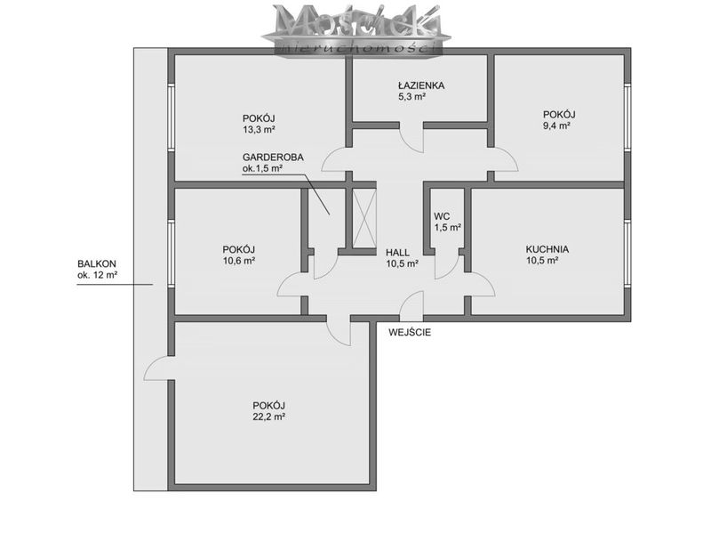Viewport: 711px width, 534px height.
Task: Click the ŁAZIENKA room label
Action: [420, 85]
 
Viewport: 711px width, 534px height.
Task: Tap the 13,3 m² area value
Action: [259, 129]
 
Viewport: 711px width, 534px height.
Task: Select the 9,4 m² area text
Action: [556, 125]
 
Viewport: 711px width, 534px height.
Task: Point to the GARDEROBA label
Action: [273, 158]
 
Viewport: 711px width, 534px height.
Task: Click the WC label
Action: [442, 216]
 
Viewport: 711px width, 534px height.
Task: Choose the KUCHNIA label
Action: [547, 249]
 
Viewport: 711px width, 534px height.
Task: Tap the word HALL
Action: [397, 253]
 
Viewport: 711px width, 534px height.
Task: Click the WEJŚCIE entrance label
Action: [410, 332]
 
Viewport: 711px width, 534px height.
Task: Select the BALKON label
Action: [97, 263]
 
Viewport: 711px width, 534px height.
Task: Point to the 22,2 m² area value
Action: [268, 417]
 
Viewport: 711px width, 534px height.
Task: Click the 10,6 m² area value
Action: [238, 261]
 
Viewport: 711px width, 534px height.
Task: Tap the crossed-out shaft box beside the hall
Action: [364, 218]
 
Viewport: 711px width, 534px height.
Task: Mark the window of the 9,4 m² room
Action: [627, 117]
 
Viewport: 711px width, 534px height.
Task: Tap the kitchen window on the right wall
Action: [627, 254]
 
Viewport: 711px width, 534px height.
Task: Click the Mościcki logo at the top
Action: [356, 28]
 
